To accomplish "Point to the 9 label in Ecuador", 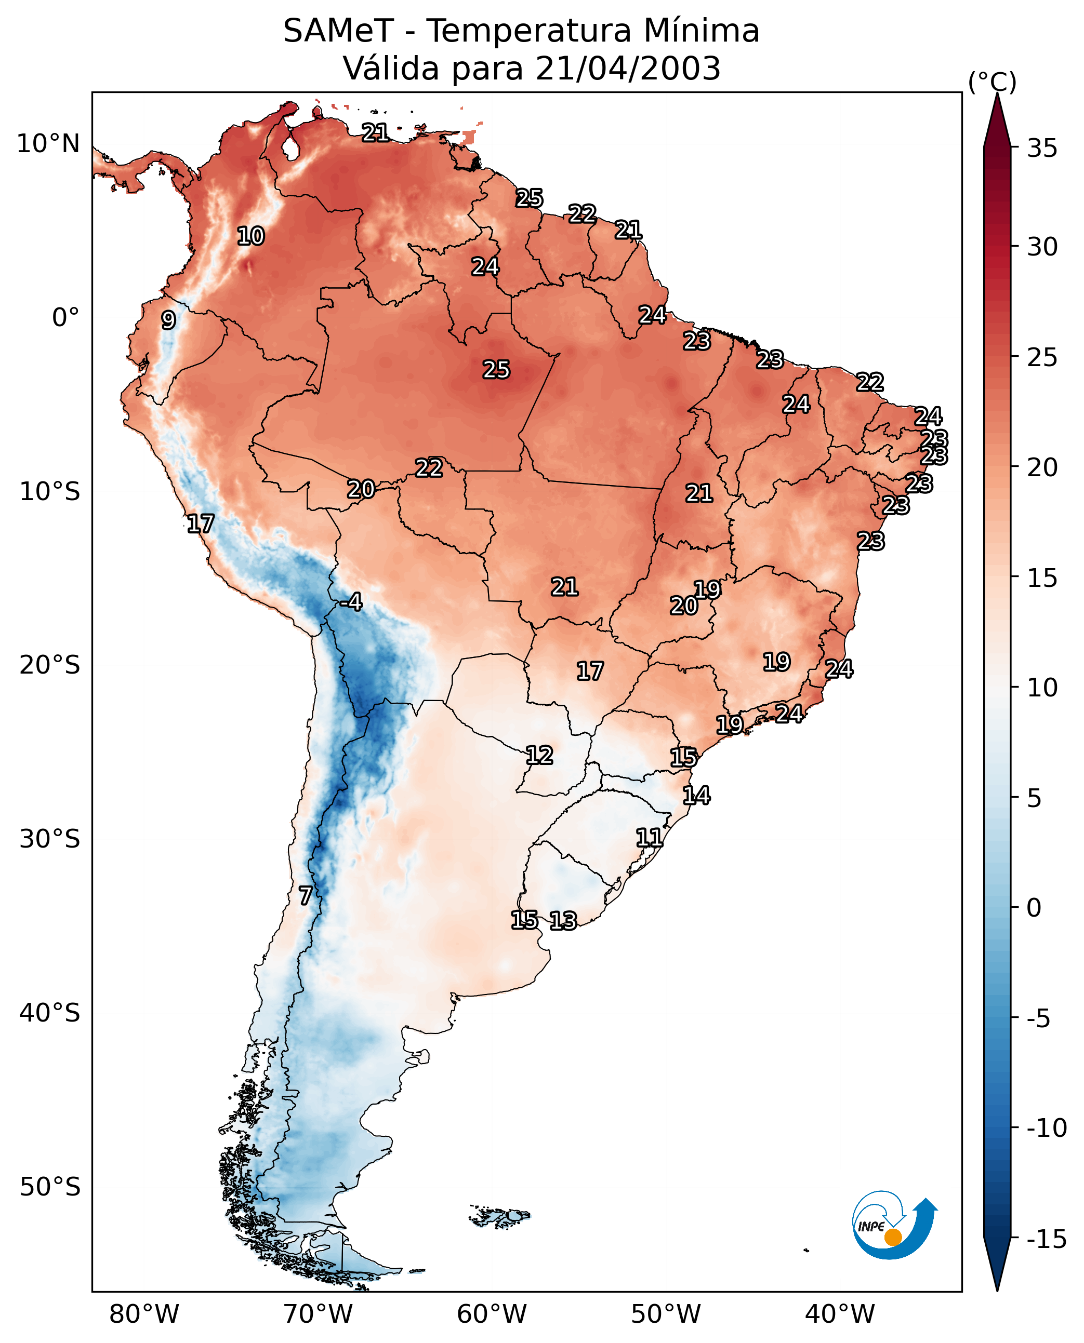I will pos(168,320).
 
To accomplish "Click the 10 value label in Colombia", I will pos(251,236).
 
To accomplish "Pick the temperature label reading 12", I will pos(539,756).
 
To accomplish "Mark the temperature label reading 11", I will pos(650,838).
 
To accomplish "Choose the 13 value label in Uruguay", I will pos(563,920).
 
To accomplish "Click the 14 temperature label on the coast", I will pos(696,796).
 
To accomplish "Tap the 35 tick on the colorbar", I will pos(1042,149).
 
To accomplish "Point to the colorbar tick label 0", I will pos(1034,907).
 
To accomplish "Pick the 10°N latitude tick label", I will pos(48,144).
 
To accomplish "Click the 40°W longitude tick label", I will pos(840,1314).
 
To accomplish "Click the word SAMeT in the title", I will pos(338,31).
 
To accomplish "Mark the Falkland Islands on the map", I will pos(499,1217).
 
